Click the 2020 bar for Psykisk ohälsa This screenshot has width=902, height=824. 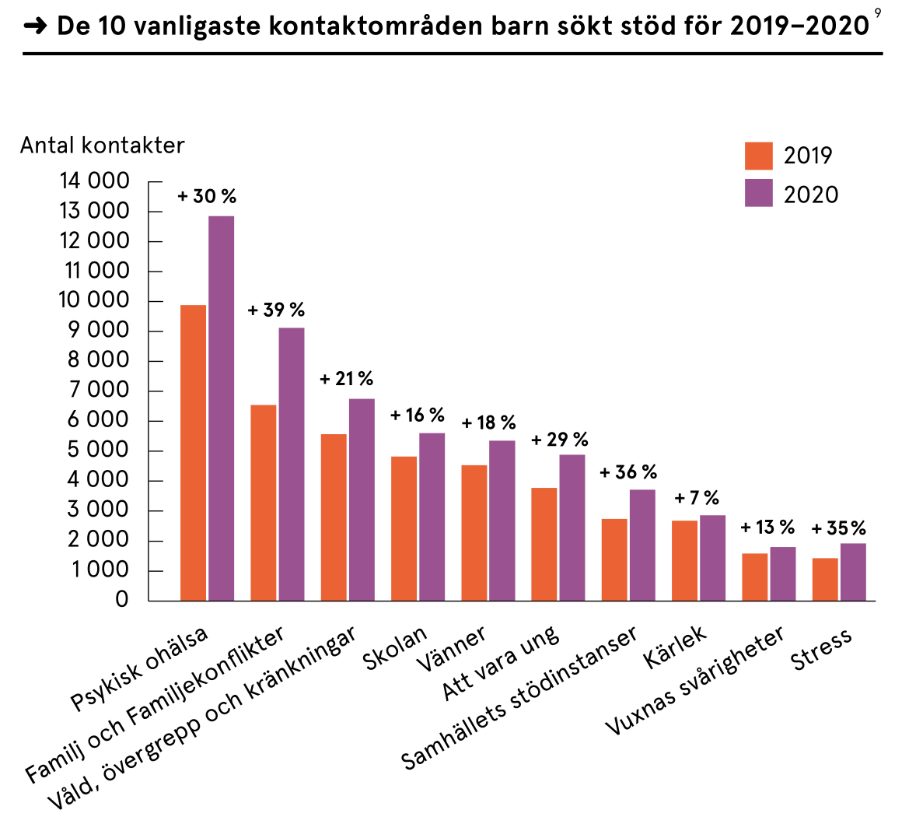tap(221, 408)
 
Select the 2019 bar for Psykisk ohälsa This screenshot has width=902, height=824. tap(193, 452)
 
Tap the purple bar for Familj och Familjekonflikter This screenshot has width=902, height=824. tap(291, 464)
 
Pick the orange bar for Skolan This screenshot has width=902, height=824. tap(404, 528)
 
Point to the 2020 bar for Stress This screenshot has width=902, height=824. tap(853, 572)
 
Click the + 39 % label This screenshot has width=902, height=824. tap(276, 310)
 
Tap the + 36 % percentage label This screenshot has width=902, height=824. tap(628, 472)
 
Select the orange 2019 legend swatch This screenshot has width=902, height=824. tap(758, 156)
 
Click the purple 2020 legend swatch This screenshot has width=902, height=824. tap(758, 193)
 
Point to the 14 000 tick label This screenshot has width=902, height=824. tap(94, 182)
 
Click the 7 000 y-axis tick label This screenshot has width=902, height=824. tap(100, 391)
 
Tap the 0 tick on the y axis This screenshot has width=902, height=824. tap(121, 601)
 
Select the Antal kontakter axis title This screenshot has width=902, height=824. tap(103, 146)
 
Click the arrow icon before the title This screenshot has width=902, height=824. tap(36, 27)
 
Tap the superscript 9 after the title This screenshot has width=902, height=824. tap(878, 12)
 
